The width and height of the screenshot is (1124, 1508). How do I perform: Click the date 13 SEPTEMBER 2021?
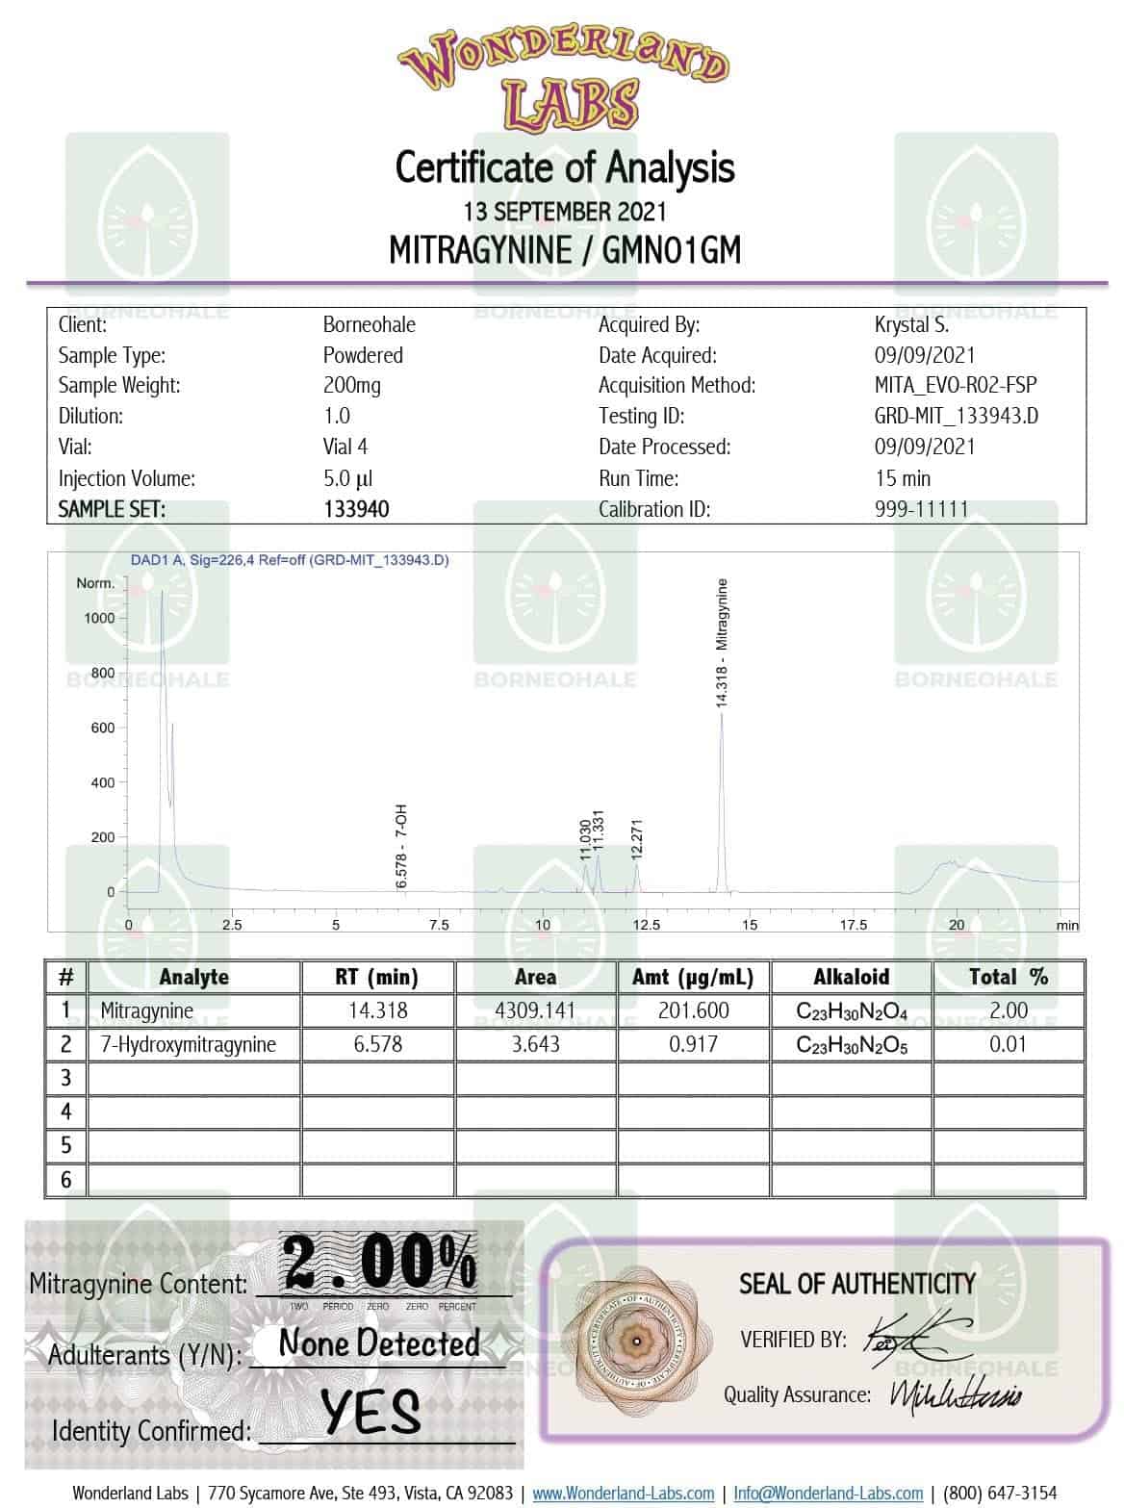pos(564,211)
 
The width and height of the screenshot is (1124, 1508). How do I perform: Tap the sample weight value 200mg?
pos(351,386)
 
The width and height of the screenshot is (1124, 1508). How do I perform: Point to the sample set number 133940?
pos(356,509)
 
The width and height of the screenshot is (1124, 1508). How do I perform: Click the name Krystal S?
pos(911,324)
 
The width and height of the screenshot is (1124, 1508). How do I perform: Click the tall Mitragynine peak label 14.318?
pos(722,643)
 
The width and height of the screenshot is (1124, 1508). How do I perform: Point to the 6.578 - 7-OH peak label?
pos(402,847)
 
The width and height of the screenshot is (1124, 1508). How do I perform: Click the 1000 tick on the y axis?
pos(99,618)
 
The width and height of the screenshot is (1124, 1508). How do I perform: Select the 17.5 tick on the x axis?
pos(853,925)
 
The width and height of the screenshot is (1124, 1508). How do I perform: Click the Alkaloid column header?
pos(851,977)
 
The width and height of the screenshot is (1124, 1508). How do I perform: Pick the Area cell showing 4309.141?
pos(535,1010)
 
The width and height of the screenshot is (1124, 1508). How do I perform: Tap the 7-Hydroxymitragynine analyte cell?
pos(189,1044)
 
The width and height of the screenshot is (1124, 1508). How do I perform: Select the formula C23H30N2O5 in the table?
pos(851,1045)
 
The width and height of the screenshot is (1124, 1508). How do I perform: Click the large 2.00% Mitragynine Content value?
pos(379,1263)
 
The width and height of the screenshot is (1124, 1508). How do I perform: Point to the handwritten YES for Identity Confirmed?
pos(370,1412)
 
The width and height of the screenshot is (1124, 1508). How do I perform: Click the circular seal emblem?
pos(634,1341)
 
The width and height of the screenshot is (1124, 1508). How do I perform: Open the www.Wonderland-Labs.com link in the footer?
pos(623,1493)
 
